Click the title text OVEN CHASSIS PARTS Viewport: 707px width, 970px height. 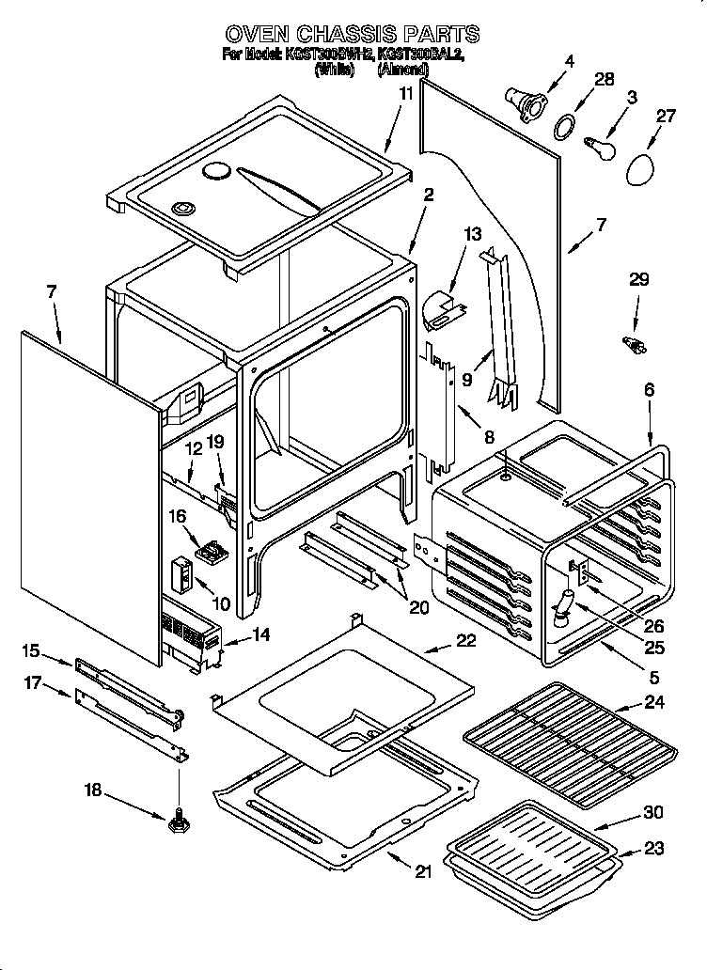(x=353, y=35)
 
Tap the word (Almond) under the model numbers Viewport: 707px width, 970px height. (x=402, y=70)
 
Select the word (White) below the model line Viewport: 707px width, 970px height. (x=335, y=70)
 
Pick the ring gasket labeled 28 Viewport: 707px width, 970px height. (x=563, y=125)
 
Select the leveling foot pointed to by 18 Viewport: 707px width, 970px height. (x=177, y=823)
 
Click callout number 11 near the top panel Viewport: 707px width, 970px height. (x=405, y=94)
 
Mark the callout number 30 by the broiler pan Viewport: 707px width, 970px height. (x=653, y=812)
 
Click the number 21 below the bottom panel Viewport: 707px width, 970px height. (x=423, y=870)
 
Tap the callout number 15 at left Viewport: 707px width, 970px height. (x=31, y=649)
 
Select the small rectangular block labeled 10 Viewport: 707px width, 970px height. (x=181, y=571)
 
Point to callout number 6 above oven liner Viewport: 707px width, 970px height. (x=651, y=389)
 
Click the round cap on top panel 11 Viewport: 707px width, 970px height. (x=216, y=170)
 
